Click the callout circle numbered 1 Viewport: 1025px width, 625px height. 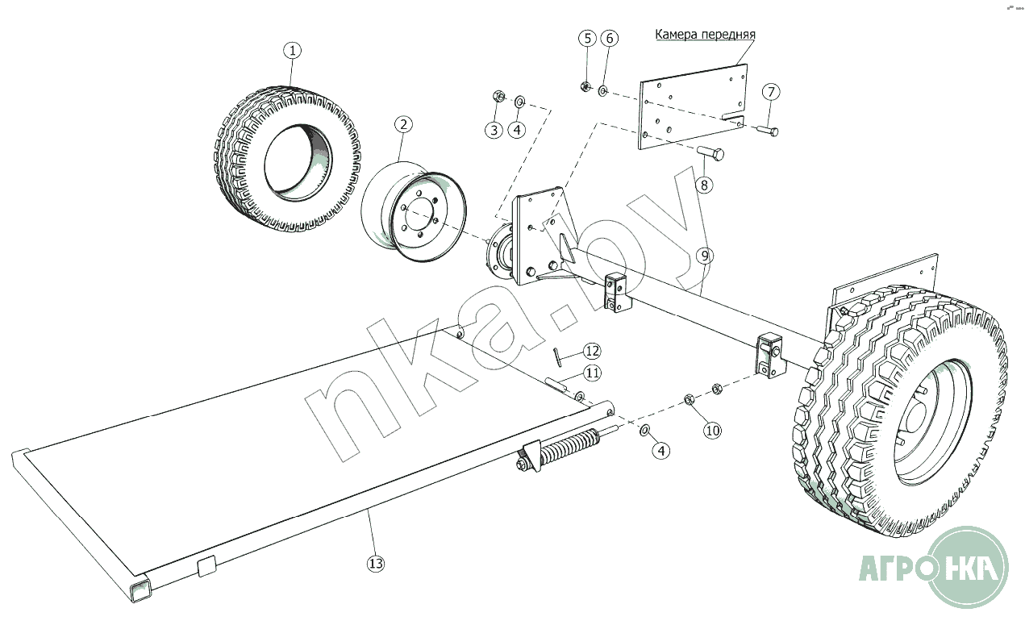coord(293,50)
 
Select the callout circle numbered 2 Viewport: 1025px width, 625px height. coord(403,124)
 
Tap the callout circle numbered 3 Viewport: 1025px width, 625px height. coord(494,131)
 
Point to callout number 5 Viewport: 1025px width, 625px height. coord(588,39)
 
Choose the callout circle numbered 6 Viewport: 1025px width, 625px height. coord(610,39)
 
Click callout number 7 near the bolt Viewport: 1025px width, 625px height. coord(771,92)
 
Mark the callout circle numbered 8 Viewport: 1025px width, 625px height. coord(704,185)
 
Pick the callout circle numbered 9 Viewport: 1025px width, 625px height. coord(705,256)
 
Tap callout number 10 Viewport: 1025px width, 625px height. coord(712,431)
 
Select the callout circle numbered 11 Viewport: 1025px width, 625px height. coord(592,373)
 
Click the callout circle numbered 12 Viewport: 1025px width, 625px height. coord(592,351)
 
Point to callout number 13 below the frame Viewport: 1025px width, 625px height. coord(376,564)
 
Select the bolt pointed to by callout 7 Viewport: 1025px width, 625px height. coord(768,131)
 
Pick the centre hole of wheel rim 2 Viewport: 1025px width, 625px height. coord(419,215)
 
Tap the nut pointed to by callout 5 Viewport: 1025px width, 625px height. coord(585,86)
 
